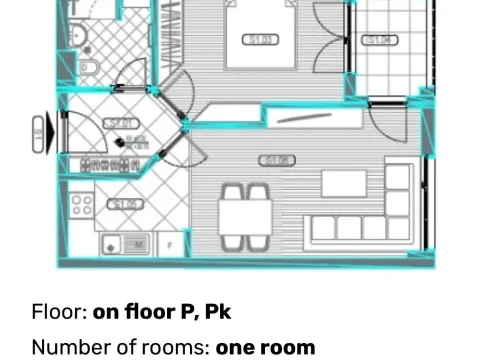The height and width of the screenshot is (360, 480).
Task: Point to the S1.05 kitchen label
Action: tap(126, 205)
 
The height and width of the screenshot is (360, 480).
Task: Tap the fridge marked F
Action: tap(172, 242)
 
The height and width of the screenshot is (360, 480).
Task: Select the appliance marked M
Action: tap(139, 242)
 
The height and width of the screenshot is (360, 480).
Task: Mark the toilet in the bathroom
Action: tap(87, 68)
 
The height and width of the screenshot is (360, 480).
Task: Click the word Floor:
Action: tap(59, 312)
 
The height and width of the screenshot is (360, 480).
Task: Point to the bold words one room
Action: tap(265, 348)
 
